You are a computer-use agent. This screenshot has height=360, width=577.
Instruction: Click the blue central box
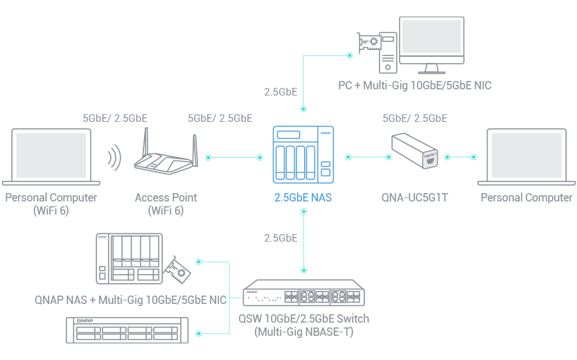point(301,163)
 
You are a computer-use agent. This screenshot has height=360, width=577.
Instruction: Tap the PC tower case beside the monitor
point(389,44)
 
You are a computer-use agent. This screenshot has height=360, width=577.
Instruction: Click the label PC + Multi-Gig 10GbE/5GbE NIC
point(414,86)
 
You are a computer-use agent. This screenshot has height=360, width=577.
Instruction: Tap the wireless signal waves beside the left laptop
point(113,158)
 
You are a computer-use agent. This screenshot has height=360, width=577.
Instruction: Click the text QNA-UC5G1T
point(414,198)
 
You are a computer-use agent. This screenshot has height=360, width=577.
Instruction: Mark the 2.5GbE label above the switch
point(281,238)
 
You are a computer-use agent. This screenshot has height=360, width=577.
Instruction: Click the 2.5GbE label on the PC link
point(281,91)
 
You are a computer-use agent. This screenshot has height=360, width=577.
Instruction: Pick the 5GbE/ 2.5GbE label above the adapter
point(414,118)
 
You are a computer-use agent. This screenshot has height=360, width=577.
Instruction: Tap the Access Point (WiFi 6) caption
point(166,204)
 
